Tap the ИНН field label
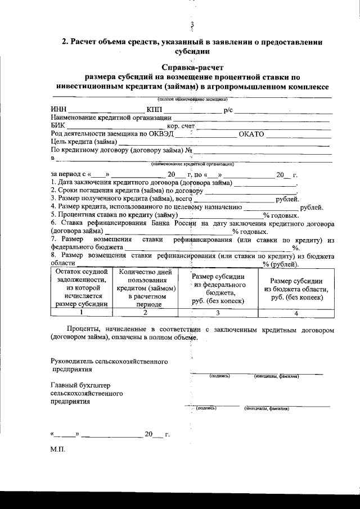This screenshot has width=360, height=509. (x=58, y=109)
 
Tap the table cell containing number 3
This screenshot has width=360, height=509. (x=217, y=313)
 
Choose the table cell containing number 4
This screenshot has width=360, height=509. (x=296, y=313)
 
